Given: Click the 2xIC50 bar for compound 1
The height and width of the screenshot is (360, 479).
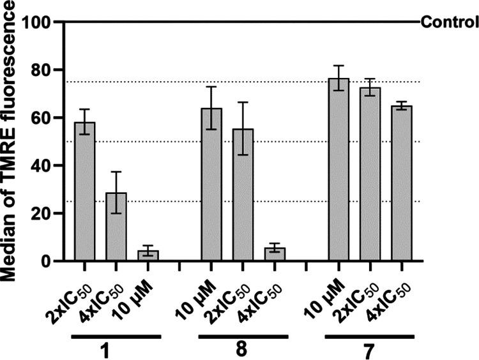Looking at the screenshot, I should (84, 191).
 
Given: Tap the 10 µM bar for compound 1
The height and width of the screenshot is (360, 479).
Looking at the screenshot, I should (148, 256).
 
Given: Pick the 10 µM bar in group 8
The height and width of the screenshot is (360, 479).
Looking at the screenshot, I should (211, 184).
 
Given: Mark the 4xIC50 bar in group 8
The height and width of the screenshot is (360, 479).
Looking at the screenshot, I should (275, 255).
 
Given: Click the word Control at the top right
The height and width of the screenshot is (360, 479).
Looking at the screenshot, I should (450, 24).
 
